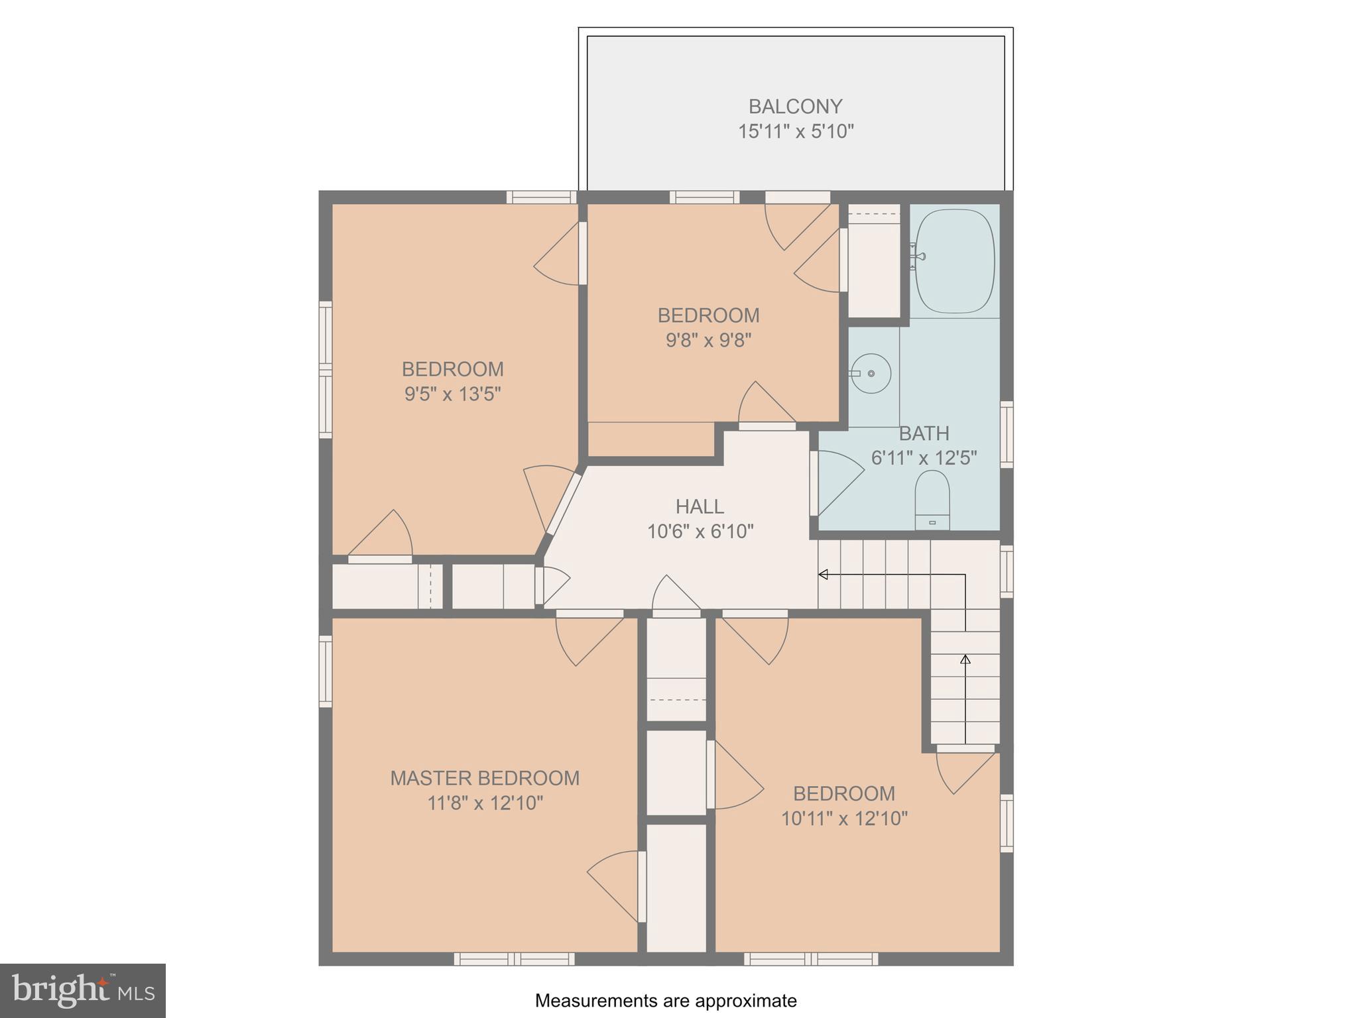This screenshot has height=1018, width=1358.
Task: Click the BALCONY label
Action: [x=795, y=106]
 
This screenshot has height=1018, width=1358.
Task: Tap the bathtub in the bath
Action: [x=955, y=261]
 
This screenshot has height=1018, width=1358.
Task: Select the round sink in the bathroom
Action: [x=871, y=373]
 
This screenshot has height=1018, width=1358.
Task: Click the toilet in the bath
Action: [x=932, y=500]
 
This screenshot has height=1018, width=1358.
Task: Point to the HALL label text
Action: [x=700, y=507]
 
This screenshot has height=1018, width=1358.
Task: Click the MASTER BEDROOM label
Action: [x=485, y=778]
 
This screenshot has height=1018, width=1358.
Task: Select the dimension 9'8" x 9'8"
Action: [x=708, y=341]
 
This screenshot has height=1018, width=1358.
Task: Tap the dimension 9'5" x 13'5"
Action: [x=452, y=394]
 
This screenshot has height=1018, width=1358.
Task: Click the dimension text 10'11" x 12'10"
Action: [x=844, y=819]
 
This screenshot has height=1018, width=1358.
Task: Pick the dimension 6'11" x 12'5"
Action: [x=924, y=458]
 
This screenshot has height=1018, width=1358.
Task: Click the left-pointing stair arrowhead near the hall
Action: [x=823, y=575]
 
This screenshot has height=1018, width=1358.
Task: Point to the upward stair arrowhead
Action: [x=965, y=659]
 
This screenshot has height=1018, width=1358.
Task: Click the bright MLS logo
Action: [x=83, y=990]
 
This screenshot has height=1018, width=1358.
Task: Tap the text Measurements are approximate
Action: [x=666, y=1001]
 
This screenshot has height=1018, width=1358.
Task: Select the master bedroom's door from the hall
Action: [x=587, y=638]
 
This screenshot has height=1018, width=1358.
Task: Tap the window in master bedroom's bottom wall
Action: [x=515, y=958]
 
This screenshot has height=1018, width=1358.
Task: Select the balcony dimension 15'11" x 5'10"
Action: [x=796, y=131]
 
